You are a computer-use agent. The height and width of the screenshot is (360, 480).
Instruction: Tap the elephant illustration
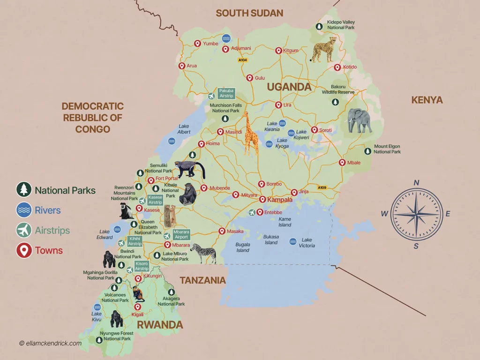[360, 120]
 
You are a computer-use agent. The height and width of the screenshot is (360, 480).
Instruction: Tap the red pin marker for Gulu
[250, 78]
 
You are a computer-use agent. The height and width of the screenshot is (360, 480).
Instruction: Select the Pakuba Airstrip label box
[226, 93]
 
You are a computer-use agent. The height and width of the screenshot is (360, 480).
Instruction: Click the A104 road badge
[242, 60]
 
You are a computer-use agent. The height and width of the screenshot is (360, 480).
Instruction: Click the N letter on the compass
[416, 183]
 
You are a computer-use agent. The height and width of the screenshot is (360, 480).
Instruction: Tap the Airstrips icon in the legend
[23, 230]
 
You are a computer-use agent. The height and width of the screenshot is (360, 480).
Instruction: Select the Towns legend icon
[23, 250]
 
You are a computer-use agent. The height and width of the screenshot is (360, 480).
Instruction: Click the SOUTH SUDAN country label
[249, 13]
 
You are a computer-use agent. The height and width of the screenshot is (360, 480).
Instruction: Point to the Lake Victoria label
[307, 243]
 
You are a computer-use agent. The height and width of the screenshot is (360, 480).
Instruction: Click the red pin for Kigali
[137, 307]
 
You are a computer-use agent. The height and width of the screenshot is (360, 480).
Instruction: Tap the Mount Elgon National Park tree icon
[368, 151]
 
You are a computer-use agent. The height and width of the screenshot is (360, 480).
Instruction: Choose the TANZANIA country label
[203, 280]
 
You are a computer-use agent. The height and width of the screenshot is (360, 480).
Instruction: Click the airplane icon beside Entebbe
[252, 213]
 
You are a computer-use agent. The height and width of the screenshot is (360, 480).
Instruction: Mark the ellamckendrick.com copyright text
[50, 343]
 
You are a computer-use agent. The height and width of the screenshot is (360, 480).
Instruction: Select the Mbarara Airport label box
[181, 234]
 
